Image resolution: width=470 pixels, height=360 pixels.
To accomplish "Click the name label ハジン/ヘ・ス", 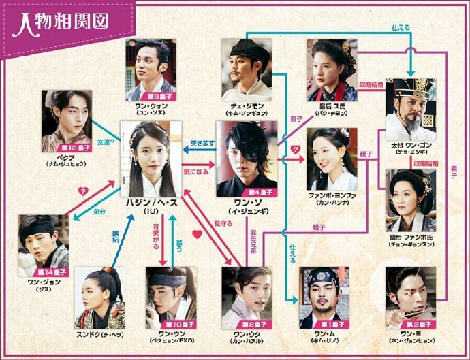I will pyautogui.click(x=151, y=202).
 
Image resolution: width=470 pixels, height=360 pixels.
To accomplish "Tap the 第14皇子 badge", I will pyautogui.click(x=52, y=272).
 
